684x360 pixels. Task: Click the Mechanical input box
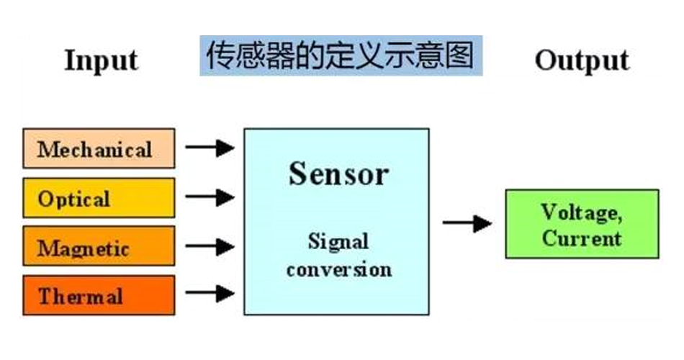click(x=99, y=148)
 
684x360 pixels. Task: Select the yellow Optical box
click(x=99, y=198)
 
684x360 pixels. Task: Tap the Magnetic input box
click(x=99, y=246)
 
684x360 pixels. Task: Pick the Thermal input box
click(x=99, y=295)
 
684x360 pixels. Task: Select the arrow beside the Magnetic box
click(x=210, y=246)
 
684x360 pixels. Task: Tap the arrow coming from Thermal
click(x=210, y=294)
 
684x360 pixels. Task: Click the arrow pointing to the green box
click(x=467, y=223)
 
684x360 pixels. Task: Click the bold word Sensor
click(x=338, y=174)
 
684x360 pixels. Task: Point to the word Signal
click(x=338, y=241)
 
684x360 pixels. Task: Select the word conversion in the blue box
click(x=338, y=269)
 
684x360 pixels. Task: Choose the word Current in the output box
click(x=581, y=238)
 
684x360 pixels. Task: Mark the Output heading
click(x=582, y=60)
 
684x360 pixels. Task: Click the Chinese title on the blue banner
click(x=341, y=55)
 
